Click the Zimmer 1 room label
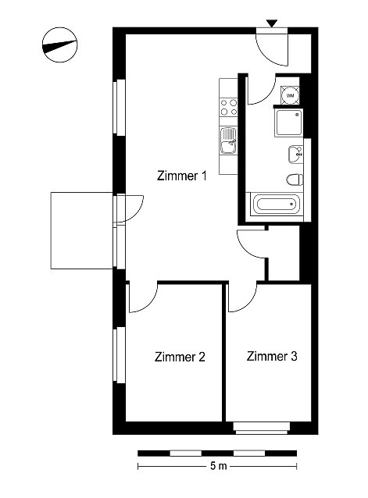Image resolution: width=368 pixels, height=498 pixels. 182,176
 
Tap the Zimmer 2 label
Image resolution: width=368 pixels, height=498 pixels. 180,357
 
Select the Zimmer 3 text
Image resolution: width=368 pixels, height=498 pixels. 272,356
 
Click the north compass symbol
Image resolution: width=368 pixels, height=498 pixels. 59,44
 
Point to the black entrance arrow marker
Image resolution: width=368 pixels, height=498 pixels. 272,23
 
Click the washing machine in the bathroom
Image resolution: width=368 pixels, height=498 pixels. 290,95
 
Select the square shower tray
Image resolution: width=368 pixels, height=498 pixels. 288,123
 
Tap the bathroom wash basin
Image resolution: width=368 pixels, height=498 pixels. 295,155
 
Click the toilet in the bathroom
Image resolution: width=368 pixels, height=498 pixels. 295,180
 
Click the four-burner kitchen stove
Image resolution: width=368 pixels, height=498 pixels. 228,107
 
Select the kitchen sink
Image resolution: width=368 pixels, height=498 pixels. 228,141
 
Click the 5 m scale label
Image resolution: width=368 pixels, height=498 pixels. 219,466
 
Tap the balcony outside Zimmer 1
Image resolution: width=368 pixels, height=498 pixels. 82,230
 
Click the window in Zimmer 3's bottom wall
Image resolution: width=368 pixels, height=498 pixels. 262,428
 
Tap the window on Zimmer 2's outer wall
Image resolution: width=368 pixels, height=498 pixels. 120,355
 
